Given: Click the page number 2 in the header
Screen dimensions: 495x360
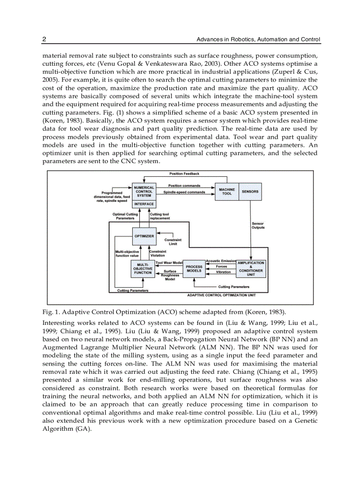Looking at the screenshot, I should [44, 40].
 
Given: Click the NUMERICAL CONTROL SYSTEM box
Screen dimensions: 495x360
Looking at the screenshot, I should [144, 192].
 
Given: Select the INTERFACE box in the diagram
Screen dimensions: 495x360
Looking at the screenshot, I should [144, 205].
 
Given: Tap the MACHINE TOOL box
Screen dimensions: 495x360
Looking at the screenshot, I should [227, 192].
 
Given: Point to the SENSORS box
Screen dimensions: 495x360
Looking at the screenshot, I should [250, 192].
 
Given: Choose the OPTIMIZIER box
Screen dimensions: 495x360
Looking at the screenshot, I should [144, 236].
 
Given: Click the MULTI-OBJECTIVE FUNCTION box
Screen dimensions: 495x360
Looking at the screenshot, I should [143, 269].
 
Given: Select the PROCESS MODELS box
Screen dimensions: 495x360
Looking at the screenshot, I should [194, 269].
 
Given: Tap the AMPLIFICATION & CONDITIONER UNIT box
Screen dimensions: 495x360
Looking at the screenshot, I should [251, 268].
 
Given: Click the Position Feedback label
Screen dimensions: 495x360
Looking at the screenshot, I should [184, 174].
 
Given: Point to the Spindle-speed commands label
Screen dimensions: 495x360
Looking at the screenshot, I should [184, 192].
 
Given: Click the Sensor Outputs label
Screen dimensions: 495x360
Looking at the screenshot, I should [258, 226].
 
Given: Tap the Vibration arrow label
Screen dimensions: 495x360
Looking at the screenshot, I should [223, 272].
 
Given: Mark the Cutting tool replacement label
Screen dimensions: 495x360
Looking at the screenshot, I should [159, 216].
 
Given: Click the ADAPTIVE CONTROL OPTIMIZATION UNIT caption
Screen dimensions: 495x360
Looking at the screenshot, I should [221, 295].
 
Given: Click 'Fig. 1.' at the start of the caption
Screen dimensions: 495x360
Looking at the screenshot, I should [51, 312].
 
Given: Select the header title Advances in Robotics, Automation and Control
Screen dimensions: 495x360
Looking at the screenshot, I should [258, 40].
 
